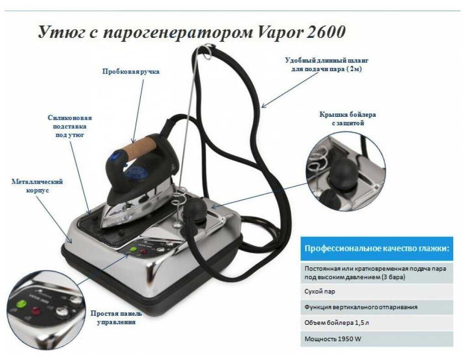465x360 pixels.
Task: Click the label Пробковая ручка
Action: point(131,72)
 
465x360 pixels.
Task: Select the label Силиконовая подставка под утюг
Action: point(70,126)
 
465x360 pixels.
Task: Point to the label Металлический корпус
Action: point(37,186)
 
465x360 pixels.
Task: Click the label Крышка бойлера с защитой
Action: point(347,119)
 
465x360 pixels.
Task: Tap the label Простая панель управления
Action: point(116,318)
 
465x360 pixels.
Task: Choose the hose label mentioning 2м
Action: point(326,64)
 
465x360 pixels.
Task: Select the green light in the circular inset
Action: point(21,304)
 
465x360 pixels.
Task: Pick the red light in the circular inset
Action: point(36,311)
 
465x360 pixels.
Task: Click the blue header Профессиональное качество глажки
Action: point(377,248)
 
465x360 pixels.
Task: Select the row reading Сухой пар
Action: point(377,292)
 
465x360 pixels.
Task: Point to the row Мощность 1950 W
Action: point(377,339)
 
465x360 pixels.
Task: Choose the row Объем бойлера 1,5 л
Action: point(377,323)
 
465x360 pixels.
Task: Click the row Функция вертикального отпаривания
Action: point(377,307)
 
